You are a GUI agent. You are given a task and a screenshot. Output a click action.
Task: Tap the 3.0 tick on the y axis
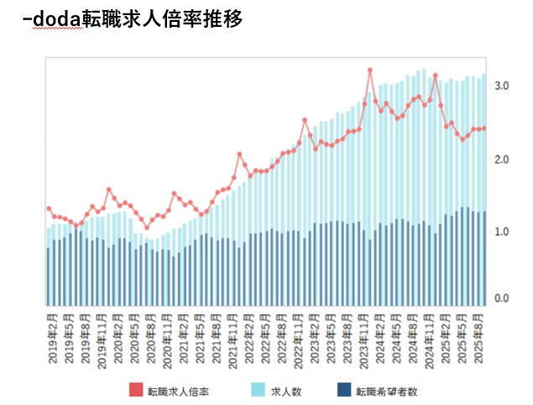point(502,87)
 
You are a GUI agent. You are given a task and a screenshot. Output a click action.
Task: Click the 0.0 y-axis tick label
point(502,298)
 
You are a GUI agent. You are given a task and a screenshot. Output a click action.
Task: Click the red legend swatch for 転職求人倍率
point(136,391)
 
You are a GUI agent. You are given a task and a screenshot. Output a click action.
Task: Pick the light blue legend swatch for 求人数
point(258,391)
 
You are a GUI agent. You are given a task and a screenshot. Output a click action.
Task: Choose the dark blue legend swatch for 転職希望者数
point(342,391)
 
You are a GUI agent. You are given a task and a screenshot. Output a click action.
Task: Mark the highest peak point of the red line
point(370,71)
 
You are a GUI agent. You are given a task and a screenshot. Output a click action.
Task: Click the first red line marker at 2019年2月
point(49,208)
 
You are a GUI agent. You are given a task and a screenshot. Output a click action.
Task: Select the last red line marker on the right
point(484,129)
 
